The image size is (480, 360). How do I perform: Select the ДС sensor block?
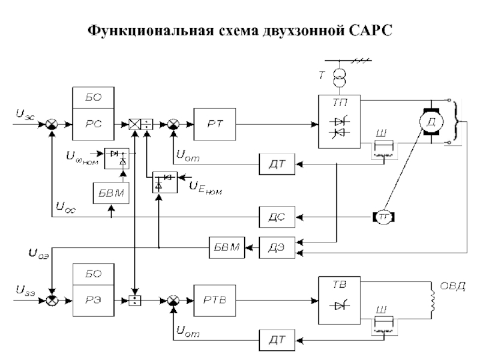[x=277, y=217]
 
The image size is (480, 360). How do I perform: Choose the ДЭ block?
[x=277, y=247]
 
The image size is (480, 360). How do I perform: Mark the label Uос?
[x=65, y=204]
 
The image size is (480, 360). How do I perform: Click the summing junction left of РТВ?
[x=173, y=299]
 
